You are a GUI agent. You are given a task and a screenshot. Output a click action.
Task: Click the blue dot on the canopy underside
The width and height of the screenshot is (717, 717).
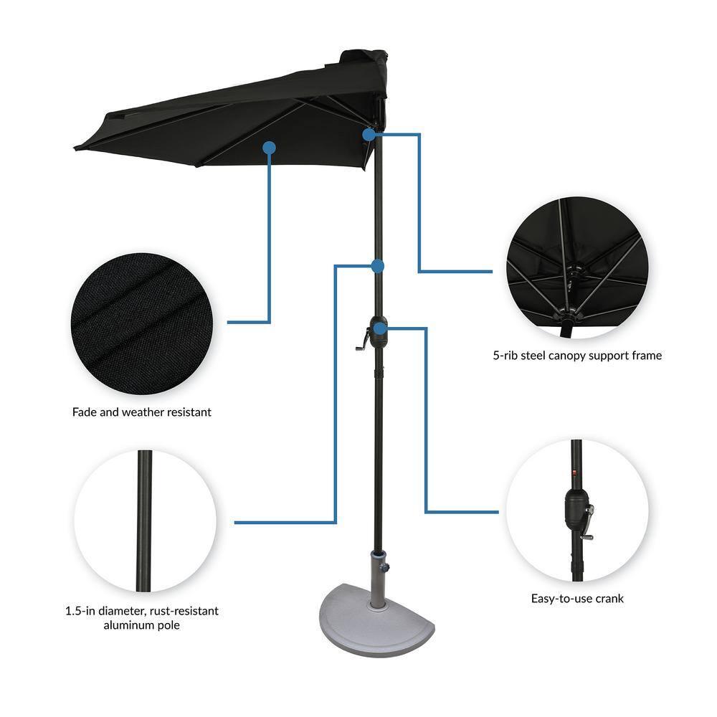pyautogui.click(x=270, y=148)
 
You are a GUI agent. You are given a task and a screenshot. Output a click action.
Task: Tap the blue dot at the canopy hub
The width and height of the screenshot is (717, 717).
pyautogui.click(x=369, y=134)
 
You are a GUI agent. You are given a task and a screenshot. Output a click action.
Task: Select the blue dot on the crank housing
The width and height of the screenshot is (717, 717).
pyautogui.click(x=380, y=328)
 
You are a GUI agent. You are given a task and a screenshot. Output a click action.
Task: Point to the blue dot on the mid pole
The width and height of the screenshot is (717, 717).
pyautogui.click(x=378, y=266)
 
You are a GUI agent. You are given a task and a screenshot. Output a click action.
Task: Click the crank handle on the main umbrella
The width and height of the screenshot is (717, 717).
pyautogui.click(x=362, y=341)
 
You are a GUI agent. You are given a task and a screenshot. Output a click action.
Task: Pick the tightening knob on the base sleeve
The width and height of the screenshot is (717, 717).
pyautogui.click(x=386, y=567)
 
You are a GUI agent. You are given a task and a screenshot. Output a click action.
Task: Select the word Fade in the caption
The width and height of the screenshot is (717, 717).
pyautogui.click(x=85, y=412)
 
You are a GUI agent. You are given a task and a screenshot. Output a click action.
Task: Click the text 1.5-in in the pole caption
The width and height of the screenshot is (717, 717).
pyautogui.click(x=78, y=611)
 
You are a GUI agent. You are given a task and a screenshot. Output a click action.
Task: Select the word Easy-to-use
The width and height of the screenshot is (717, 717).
pyautogui.click(x=561, y=598)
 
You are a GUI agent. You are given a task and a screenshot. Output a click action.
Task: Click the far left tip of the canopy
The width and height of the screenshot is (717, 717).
pyautogui.click(x=76, y=148)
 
